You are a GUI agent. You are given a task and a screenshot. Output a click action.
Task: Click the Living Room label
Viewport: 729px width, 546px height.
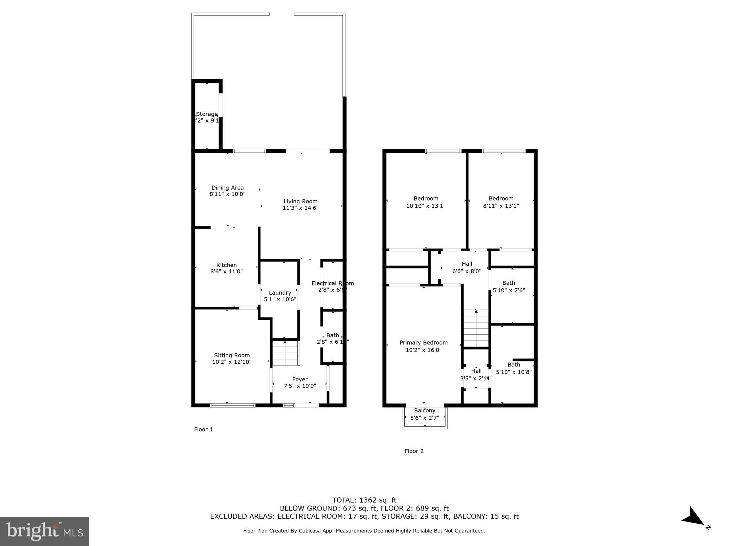coord(300,201)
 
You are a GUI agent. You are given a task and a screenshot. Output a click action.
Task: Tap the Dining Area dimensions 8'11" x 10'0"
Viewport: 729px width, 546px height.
coord(227,194)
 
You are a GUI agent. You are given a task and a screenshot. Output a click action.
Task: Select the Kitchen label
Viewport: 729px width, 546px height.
coord(226,265)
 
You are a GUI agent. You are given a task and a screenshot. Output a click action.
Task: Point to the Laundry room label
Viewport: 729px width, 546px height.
coord(280,293)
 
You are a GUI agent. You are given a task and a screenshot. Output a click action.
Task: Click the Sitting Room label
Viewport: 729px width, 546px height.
coord(232,355)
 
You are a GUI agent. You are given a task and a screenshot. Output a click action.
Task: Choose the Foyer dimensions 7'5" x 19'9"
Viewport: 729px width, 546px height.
coord(300,386)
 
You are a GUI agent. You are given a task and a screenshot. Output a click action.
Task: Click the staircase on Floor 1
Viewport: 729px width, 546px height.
coord(285,353)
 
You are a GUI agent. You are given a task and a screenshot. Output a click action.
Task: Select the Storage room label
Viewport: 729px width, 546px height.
coord(207,114)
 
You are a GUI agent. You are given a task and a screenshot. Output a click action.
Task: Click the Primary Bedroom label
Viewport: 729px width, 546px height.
coord(423,343)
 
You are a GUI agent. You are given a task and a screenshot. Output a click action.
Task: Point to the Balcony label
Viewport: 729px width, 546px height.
coord(424,411)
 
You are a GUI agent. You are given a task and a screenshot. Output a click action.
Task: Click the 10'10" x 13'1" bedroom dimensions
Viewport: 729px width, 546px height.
coord(426,206)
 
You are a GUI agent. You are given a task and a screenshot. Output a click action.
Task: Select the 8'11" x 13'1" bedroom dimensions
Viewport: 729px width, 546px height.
coord(501,206)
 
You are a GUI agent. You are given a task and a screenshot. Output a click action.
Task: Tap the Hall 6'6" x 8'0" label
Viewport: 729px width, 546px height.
coord(467,264)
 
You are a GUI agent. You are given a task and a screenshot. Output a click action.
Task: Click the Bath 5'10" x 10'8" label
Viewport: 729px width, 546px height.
coord(514,365)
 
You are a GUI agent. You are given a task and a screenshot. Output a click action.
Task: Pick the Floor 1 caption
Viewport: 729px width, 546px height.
coord(203,429)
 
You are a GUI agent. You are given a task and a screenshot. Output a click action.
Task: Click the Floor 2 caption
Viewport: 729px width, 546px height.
coord(414,451)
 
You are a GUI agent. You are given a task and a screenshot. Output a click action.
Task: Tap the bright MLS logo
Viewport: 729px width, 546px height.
coord(44,531)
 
